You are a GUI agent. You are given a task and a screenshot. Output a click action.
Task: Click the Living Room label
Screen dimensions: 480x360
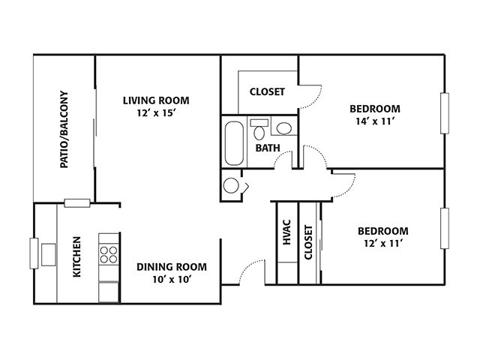click(x=156, y=100)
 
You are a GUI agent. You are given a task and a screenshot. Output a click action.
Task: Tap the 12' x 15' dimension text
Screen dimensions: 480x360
click(x=156, y=113)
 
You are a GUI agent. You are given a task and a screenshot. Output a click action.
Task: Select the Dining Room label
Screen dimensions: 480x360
click(x=172, y=267)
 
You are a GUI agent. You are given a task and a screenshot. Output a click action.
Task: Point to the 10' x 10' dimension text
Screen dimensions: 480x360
click(x=172, y=280)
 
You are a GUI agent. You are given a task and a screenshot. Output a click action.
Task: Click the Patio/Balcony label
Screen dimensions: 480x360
click(x=64, y=129)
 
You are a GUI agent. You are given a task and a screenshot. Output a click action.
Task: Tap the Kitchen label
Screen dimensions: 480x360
click(x=76, y=256)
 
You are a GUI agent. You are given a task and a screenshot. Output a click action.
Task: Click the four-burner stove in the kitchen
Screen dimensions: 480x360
click(x=109, y=255)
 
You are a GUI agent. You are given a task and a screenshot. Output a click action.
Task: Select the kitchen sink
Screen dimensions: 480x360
click(x=49, y=255)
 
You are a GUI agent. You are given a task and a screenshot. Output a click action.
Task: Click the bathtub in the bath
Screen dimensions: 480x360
click(x=235, y=143)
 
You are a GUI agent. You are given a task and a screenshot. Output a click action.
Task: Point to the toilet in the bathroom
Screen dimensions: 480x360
click(x=259, y=130)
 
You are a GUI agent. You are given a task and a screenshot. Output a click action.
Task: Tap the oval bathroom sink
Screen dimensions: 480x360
click(x=284, y=128)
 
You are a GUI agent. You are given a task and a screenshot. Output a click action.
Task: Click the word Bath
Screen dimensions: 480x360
click(x=268, y=148)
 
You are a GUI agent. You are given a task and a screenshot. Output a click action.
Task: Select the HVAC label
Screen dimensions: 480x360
click(x=286, y=232)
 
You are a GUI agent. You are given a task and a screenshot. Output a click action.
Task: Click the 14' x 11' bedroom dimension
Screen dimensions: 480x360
click(x=375, y=121)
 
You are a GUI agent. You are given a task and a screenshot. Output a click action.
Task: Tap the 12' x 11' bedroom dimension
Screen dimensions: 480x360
click(x=383, y=243)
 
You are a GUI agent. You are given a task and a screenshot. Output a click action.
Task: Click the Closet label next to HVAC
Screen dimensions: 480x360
click(x=308, y=242)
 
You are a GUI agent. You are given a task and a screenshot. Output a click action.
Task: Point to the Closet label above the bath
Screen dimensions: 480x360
click(x=267, y=91)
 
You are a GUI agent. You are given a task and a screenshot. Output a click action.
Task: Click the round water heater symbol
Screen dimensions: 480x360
click(x=231, y=185)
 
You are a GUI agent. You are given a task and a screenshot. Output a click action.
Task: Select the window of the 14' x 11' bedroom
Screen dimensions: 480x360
click(x=445, y=113)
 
